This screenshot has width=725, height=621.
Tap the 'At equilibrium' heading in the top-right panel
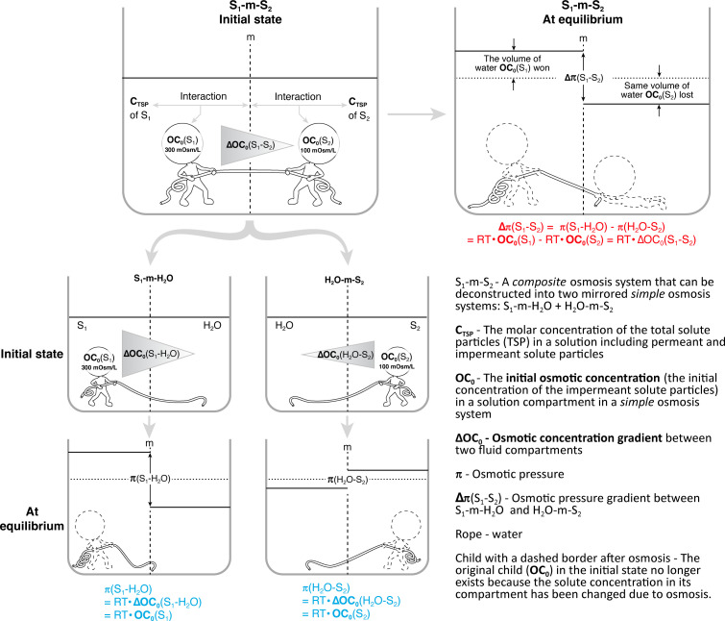[x=583, y=19]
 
